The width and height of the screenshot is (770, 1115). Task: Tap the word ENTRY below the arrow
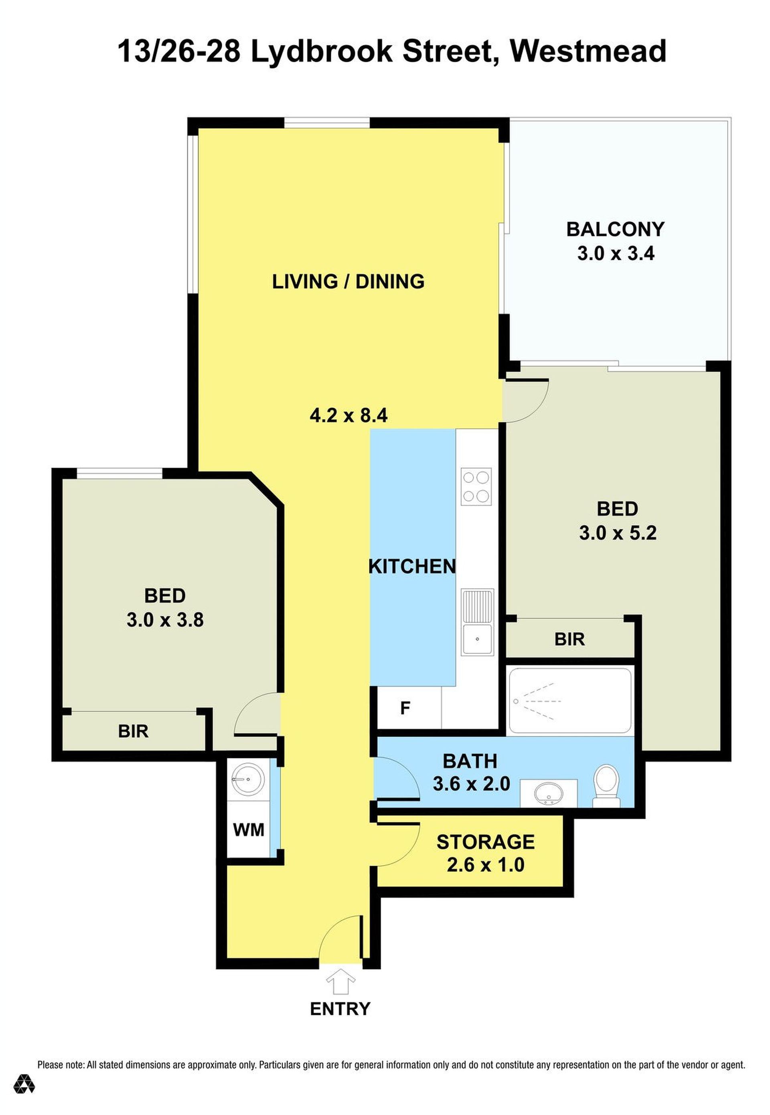[340, 1009]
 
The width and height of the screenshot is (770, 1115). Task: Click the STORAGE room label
[485, 842]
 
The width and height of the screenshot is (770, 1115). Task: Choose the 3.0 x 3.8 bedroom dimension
[165, 620]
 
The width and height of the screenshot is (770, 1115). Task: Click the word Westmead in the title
[589, 51]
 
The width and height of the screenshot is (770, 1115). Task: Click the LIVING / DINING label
[349, 281]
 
